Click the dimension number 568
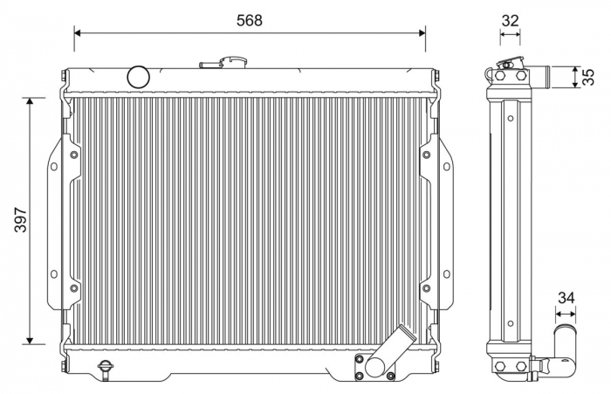tap(249, 19)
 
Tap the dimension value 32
tap(510, 19)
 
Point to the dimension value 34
tap(566, 298)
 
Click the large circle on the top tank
tap(139, 77)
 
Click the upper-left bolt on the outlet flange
tap(359, 359)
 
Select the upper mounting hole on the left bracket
tap(53, 166)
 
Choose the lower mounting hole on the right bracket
tap(446, 273)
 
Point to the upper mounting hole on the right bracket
tap(446, 166)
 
